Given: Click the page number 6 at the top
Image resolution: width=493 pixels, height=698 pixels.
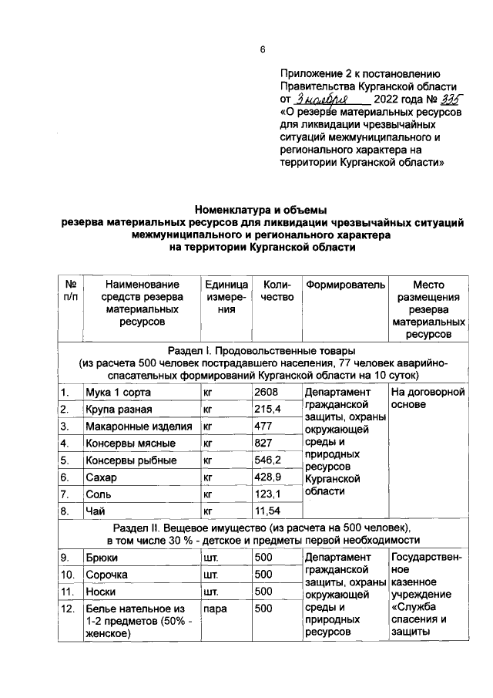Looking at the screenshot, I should pos(261,50).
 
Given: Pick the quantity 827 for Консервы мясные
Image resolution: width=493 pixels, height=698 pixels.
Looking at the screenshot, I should pos(264,443).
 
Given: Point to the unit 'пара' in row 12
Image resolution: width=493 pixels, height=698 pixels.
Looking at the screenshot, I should pos(214,608).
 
